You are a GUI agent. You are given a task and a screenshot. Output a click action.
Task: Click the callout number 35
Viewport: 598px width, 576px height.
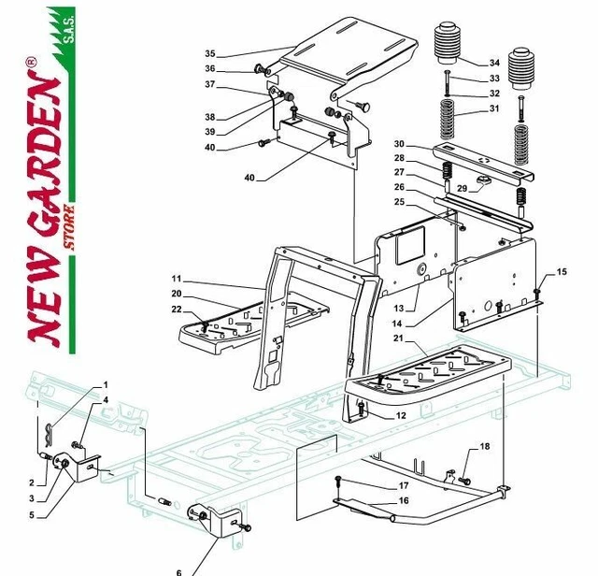[209, 53]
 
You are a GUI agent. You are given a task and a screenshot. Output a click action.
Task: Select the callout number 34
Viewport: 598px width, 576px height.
[494, 64]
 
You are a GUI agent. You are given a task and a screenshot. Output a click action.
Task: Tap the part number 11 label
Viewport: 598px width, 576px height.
[178, 279]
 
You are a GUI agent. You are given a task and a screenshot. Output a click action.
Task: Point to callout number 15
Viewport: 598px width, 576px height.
[561, 272]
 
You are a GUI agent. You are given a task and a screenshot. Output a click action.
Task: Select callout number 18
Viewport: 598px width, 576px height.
[484, 447]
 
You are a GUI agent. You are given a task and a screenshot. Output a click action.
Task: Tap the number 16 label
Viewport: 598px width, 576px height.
[404, 501]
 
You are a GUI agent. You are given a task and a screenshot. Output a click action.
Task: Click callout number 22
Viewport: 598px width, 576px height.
[178, 310]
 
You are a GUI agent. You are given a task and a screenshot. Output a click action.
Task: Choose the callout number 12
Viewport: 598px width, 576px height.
[400, 416]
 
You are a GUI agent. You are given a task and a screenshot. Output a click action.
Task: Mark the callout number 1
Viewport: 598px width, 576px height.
[105, 385]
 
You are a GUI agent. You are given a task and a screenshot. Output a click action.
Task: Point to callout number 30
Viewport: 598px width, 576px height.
[399, 143]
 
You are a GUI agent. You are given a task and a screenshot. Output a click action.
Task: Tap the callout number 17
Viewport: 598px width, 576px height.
[404, 485]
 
